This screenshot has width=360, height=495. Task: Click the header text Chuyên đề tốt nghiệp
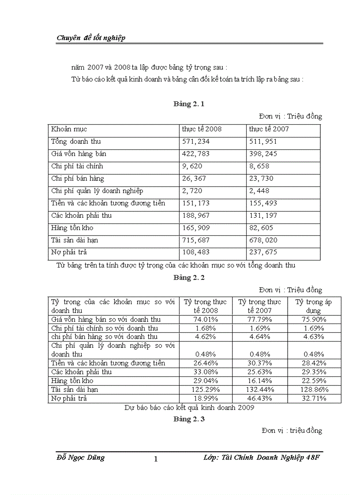[x=91, y=38]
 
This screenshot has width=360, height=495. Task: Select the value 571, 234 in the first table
[x=196, y=141]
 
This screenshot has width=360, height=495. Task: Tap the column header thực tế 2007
[x=269, y=129]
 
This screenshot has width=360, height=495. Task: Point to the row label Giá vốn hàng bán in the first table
[x=79, y=154]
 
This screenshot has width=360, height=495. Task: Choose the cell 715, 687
[x=196, y=240]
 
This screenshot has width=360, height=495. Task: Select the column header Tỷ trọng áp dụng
[x=313, y=306]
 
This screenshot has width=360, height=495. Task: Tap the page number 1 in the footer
[x=156, y=459]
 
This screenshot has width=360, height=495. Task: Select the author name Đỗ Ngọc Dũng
[x=81, y=458]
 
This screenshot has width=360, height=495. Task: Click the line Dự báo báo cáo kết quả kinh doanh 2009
[x=189, y=408]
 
